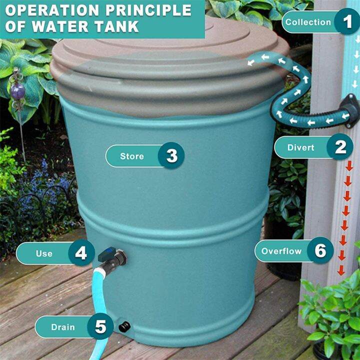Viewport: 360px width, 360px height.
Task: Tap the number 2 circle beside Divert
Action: [x=340, y=147]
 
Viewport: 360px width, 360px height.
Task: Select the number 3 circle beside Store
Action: [x=171, y=156]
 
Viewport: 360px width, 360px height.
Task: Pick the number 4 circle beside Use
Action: [x=81, y=253]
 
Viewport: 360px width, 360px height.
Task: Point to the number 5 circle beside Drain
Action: [x=100, y=327]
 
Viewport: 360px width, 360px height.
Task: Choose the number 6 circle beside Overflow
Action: [x=320, y=250]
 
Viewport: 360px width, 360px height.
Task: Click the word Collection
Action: [x=308, y=22]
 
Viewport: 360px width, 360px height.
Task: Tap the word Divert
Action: [x=301, y=147]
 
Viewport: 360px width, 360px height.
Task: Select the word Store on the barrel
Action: [x=132, y=156]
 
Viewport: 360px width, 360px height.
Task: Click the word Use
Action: [x=44, y=253]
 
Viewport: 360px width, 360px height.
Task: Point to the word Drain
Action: [x=62, y=327]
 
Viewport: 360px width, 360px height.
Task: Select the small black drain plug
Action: [x=123, y=327]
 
